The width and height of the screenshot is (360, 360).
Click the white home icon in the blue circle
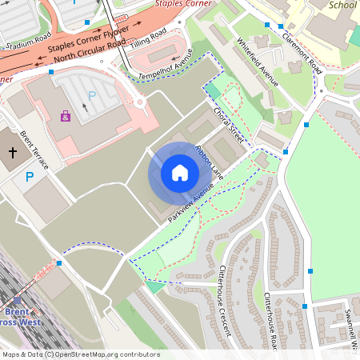(180, 172)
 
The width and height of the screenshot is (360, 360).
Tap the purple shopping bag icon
(65, 116)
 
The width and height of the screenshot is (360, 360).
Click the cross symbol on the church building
(13, 151)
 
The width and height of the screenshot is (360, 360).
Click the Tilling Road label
(149, 37)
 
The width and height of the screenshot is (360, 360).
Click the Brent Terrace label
(34, 150)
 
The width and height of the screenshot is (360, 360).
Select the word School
(342, 5)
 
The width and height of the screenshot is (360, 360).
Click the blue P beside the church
(30, 176)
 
